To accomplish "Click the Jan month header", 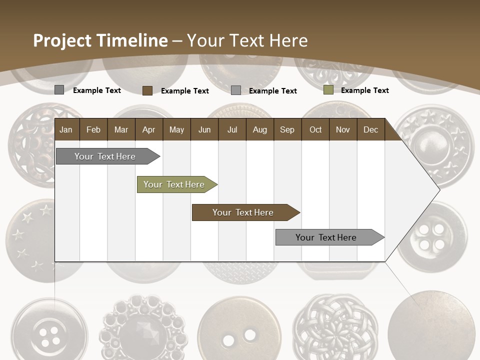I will click(66, 130).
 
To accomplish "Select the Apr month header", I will click(148, 130).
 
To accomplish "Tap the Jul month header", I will click(232, 130).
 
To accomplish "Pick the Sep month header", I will click(287, 130).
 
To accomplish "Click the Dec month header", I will click(370, 130).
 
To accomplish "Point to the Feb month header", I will click(93, 130).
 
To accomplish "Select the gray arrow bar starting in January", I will click(105, 156).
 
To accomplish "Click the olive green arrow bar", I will click(174, 184).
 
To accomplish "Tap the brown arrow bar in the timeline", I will click(243, 212).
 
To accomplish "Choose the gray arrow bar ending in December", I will click(326, 237).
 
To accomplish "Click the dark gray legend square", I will click(59, 90).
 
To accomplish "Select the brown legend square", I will click(147, 90).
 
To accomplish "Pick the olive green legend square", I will click(328, 90).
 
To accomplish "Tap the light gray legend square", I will click(236, 90).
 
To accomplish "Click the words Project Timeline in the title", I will click(100, 40).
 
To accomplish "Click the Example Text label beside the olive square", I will click(364, 90).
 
